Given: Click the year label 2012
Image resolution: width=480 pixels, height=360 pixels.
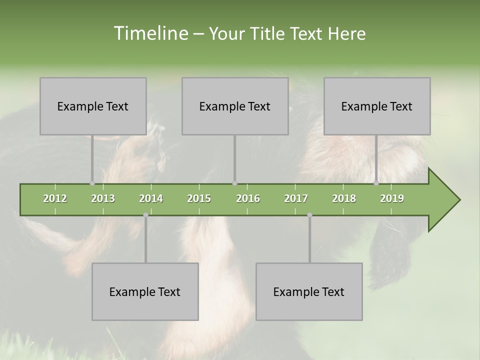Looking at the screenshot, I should coord(55,198).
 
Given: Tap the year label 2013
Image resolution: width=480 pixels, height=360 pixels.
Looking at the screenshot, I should coord(103,198).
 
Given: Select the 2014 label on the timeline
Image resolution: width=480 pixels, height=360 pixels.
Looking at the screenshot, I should coord(151,198).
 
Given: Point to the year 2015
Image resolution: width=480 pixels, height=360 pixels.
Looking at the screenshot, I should coord(199,198).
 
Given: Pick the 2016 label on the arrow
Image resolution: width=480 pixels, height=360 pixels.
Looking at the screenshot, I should coord(248,198).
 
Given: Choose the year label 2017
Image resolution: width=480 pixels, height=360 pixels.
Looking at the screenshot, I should coord(296,198).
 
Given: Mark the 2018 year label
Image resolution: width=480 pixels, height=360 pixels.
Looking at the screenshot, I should coord(344,198).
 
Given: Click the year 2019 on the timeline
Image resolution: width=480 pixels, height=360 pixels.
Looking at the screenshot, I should coord(392,198).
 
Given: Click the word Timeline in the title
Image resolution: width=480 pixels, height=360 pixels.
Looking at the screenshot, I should coord(149,33).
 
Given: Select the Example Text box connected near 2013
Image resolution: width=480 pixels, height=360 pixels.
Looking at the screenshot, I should coord(93,106).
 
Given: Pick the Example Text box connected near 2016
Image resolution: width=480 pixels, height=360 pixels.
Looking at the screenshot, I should coord(235,106).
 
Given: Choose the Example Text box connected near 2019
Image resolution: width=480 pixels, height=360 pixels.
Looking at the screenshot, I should coord(377,106).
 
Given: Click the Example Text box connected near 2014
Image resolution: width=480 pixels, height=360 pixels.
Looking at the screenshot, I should coord(145,291).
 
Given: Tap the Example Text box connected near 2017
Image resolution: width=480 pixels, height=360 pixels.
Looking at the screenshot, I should coord(309,291).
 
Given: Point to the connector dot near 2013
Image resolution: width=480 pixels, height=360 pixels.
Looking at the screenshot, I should coord(92,183).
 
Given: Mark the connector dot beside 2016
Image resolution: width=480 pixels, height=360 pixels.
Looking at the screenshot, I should coord(234,183).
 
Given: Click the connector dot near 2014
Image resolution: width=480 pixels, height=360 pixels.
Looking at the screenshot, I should coord(145,215).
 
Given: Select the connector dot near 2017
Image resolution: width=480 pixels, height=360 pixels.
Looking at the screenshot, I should coord(309,215).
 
